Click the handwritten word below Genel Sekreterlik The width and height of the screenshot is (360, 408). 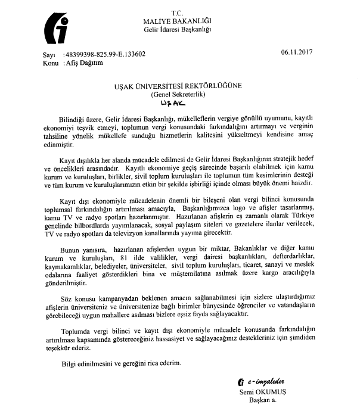pos(178,103)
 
